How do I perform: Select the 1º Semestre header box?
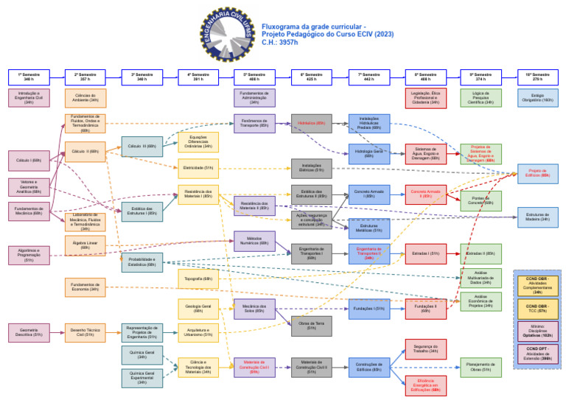pyautogui.click(x=29, y=77)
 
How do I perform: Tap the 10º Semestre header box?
pyautogui.click(x=537, y=77)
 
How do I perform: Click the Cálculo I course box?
pyautogui.click(x=29, y=160)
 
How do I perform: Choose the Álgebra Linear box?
pyautogui.click(x=85, y=244)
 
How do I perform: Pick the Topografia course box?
pyautogui.click(x=198, y=279)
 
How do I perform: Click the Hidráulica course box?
pyautogui.click(x=311, y=123)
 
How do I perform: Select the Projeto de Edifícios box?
pyautogui.click(x=537, y=174)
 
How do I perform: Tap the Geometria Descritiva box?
pyautogui.click(x=29, y=333)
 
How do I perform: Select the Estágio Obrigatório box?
pyautogui.click(x=537, y=97)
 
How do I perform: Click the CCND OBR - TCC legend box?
pyautogui.click(x=537, y=308)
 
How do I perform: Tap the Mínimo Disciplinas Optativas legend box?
pyautogui.click(x=537, y=330)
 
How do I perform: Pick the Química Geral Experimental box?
pyautogui.click(x=141, y=378)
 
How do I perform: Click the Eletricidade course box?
pyautogui.click(x=198, y=168)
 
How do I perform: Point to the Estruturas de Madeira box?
pyautogui.click(x=537, y=216)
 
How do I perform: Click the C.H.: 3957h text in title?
pyautogui.click(x=280, y=43)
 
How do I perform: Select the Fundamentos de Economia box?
pyautogui.click(x=85, y=287)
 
